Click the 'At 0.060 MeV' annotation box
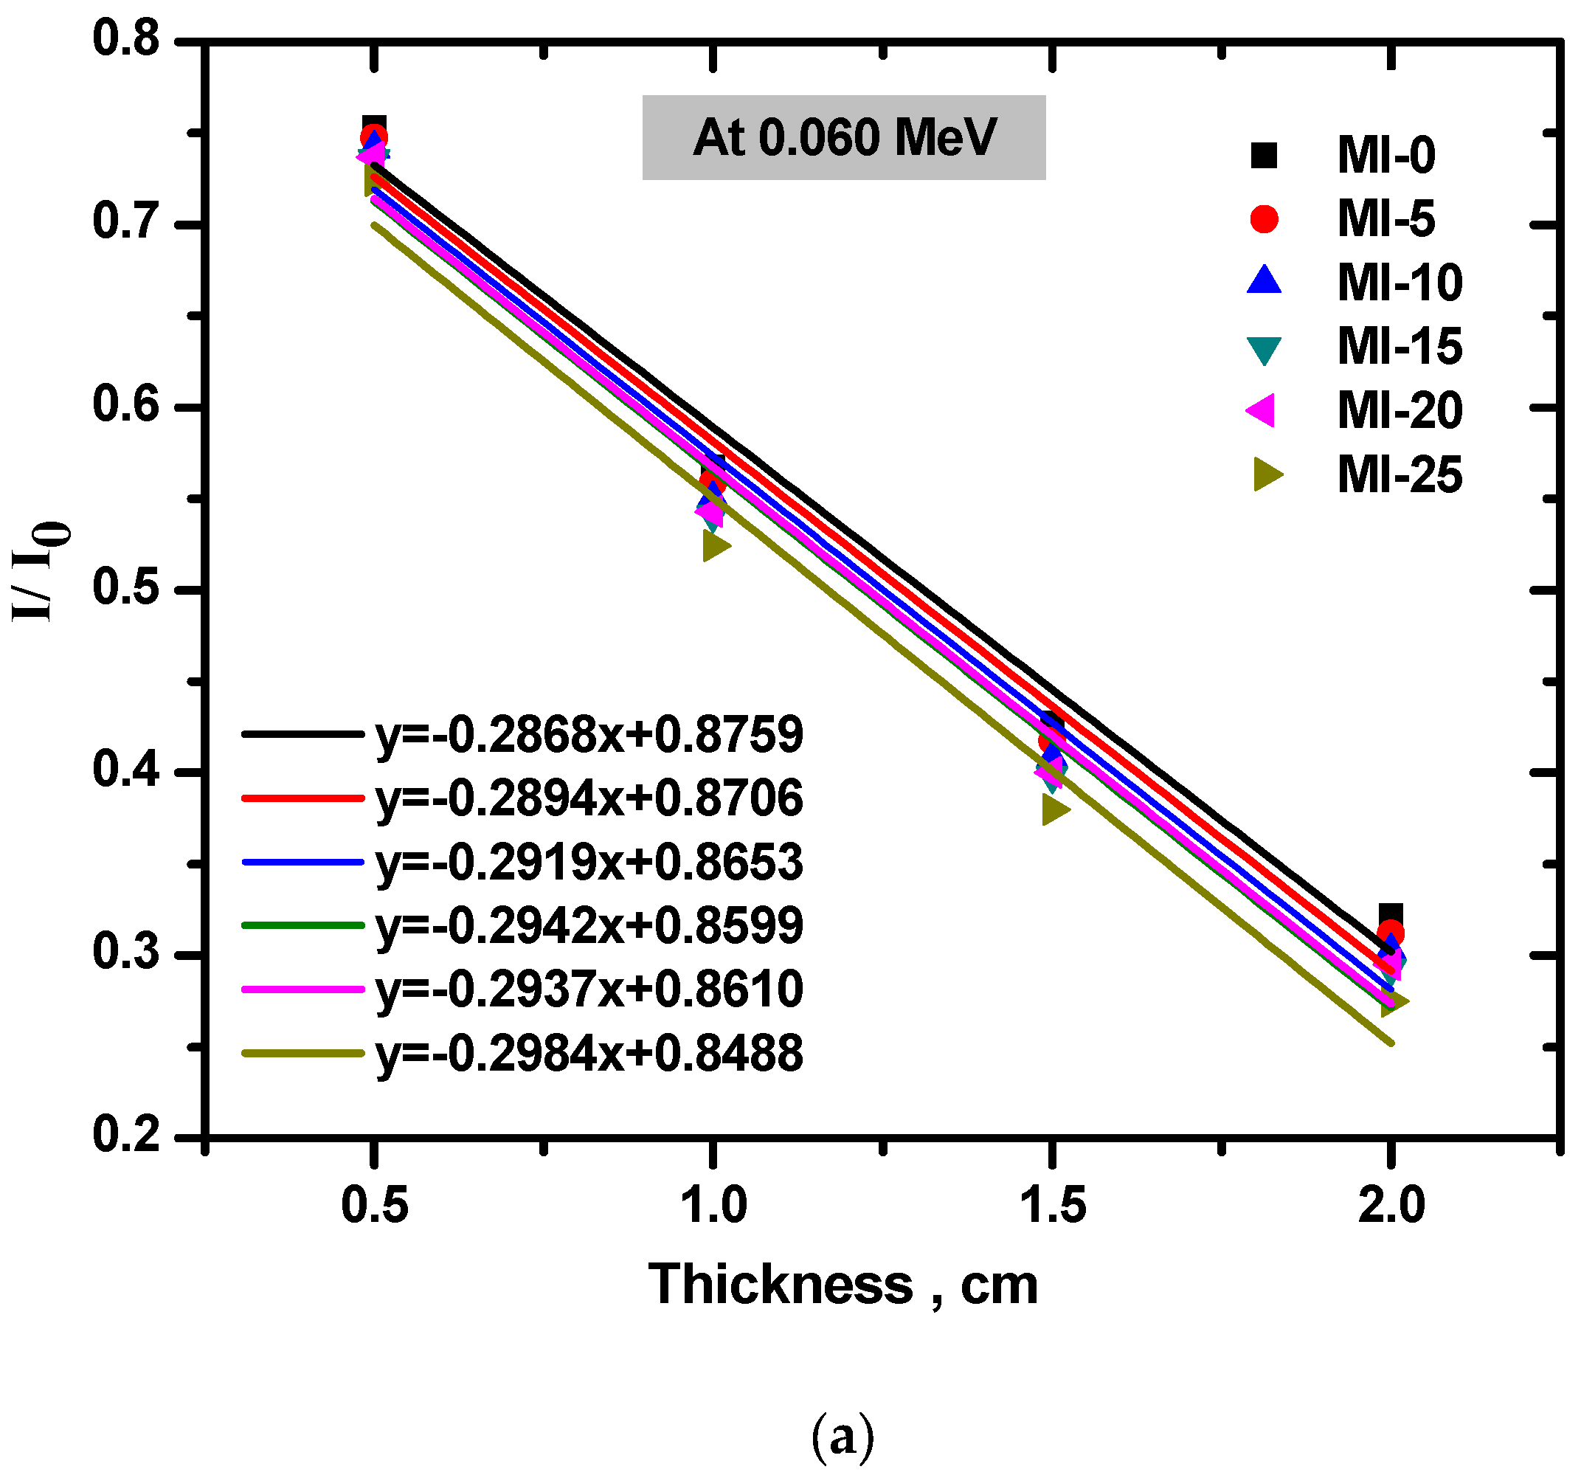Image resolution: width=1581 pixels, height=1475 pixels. (843, 138)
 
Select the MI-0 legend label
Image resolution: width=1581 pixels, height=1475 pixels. (1385, 155)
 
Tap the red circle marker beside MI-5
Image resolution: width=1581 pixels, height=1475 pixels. (1264, 219)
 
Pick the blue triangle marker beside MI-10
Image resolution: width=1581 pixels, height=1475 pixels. (1264, 282)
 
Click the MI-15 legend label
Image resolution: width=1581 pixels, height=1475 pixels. (1399, 347)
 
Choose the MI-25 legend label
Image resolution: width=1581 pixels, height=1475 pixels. (1399, 476)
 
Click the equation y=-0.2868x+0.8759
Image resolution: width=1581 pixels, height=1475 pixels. (589, 735)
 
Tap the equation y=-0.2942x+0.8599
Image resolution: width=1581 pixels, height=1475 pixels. (589, 926)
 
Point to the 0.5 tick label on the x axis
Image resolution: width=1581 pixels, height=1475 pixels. (374, 1204)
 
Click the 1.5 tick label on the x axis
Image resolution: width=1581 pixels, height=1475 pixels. (1052, 1204)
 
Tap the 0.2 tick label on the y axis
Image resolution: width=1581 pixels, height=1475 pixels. (126, 1136)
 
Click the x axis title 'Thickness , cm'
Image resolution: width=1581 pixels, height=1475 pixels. (843, 1285)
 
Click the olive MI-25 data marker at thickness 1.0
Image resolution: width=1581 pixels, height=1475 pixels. (715, 547)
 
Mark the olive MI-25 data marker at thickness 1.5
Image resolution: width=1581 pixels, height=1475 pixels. (1054, 811)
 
